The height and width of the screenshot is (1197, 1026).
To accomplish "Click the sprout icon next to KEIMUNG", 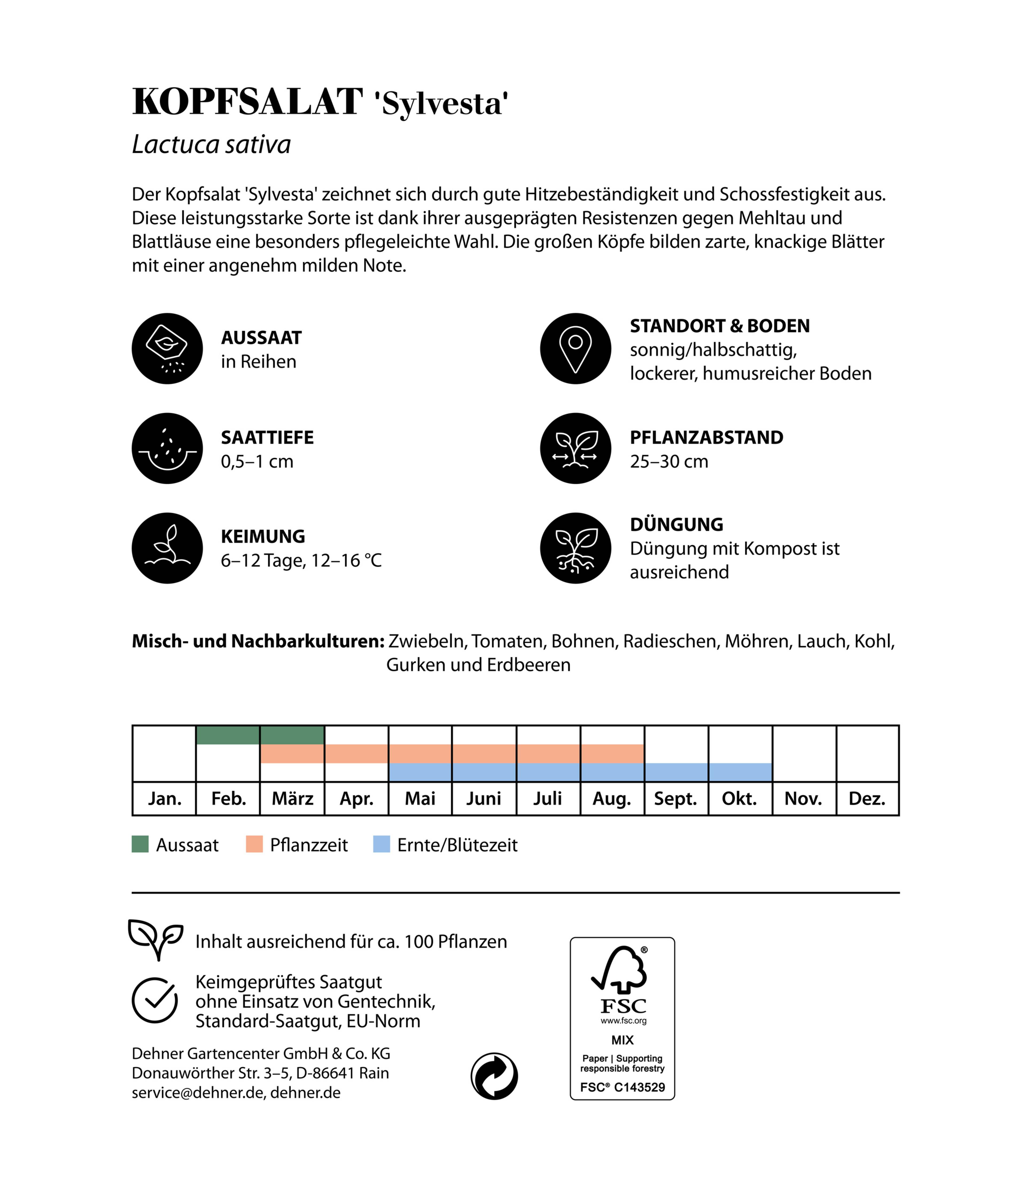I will (x=167, y=548).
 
